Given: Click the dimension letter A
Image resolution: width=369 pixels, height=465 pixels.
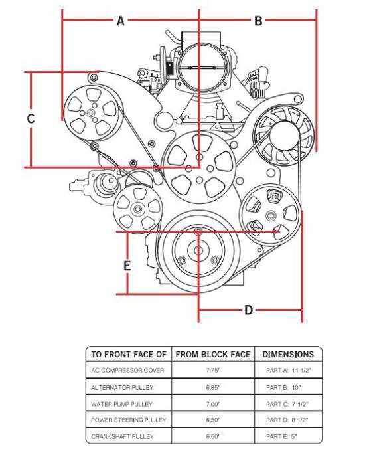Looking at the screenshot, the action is tap(120, 21).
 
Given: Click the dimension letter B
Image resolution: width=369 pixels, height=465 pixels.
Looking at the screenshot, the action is tap(258, 21).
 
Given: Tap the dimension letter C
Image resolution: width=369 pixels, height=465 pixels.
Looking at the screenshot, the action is tap(31, 119).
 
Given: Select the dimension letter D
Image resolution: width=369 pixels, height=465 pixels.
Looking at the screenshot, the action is tap(248, 310).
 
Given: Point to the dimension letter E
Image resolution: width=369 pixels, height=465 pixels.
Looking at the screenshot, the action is tap(127, 266).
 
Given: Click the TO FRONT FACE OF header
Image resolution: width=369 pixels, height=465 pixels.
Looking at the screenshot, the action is tap(129, 354).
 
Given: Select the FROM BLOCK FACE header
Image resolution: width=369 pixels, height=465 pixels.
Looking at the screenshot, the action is tap(213, 354).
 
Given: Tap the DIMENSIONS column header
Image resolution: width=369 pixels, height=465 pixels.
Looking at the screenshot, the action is tap(288, 354).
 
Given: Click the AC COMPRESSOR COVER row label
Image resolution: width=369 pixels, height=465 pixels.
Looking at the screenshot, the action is tap(127, 371).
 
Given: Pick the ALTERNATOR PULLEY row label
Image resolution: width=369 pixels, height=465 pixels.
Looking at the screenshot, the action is tap(122, 387).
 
